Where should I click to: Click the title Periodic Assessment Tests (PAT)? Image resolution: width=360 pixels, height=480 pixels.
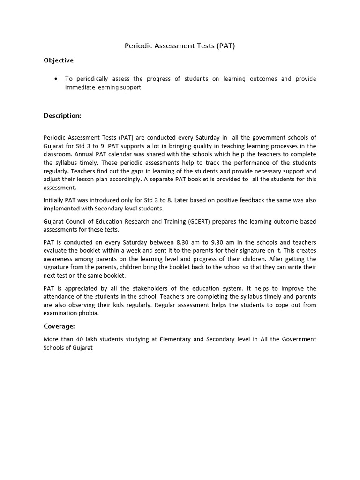180,46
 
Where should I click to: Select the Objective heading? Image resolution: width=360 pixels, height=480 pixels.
59,60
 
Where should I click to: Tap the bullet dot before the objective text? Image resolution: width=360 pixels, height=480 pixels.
56,79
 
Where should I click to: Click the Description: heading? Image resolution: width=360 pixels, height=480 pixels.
62,115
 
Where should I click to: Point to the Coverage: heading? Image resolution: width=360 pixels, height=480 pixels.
59,326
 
